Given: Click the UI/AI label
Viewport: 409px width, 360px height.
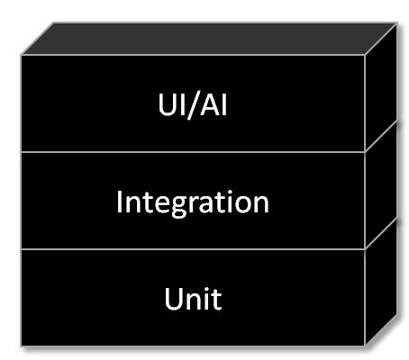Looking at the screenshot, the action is [193, 104].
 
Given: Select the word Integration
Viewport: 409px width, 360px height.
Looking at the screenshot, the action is [193, 202].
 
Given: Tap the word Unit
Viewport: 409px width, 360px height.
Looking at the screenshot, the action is [193, 299].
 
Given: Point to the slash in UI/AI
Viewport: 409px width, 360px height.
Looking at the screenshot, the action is [194, 105].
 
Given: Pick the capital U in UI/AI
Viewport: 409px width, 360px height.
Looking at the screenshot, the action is [168, 104].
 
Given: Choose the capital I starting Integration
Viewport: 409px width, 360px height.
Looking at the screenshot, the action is [119, 202].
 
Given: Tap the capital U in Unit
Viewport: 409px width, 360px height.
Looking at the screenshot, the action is [174, 299].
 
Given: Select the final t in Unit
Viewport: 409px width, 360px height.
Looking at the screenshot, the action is [216, 301].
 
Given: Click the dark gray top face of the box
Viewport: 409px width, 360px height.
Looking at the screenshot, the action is [209, 39].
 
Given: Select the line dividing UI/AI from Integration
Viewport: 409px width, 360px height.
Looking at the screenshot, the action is [193, 152].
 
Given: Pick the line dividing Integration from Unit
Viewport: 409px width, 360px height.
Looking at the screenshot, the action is [193, 249].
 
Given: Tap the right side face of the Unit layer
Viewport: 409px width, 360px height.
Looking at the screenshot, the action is [381, 282].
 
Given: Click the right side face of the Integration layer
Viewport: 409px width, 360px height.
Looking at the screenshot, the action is [381, 184].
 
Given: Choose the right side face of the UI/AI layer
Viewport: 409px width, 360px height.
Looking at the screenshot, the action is [381, 87].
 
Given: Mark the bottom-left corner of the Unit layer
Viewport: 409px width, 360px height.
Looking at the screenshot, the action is [21, 346].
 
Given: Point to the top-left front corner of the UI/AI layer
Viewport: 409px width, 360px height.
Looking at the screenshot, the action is [21, 55].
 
